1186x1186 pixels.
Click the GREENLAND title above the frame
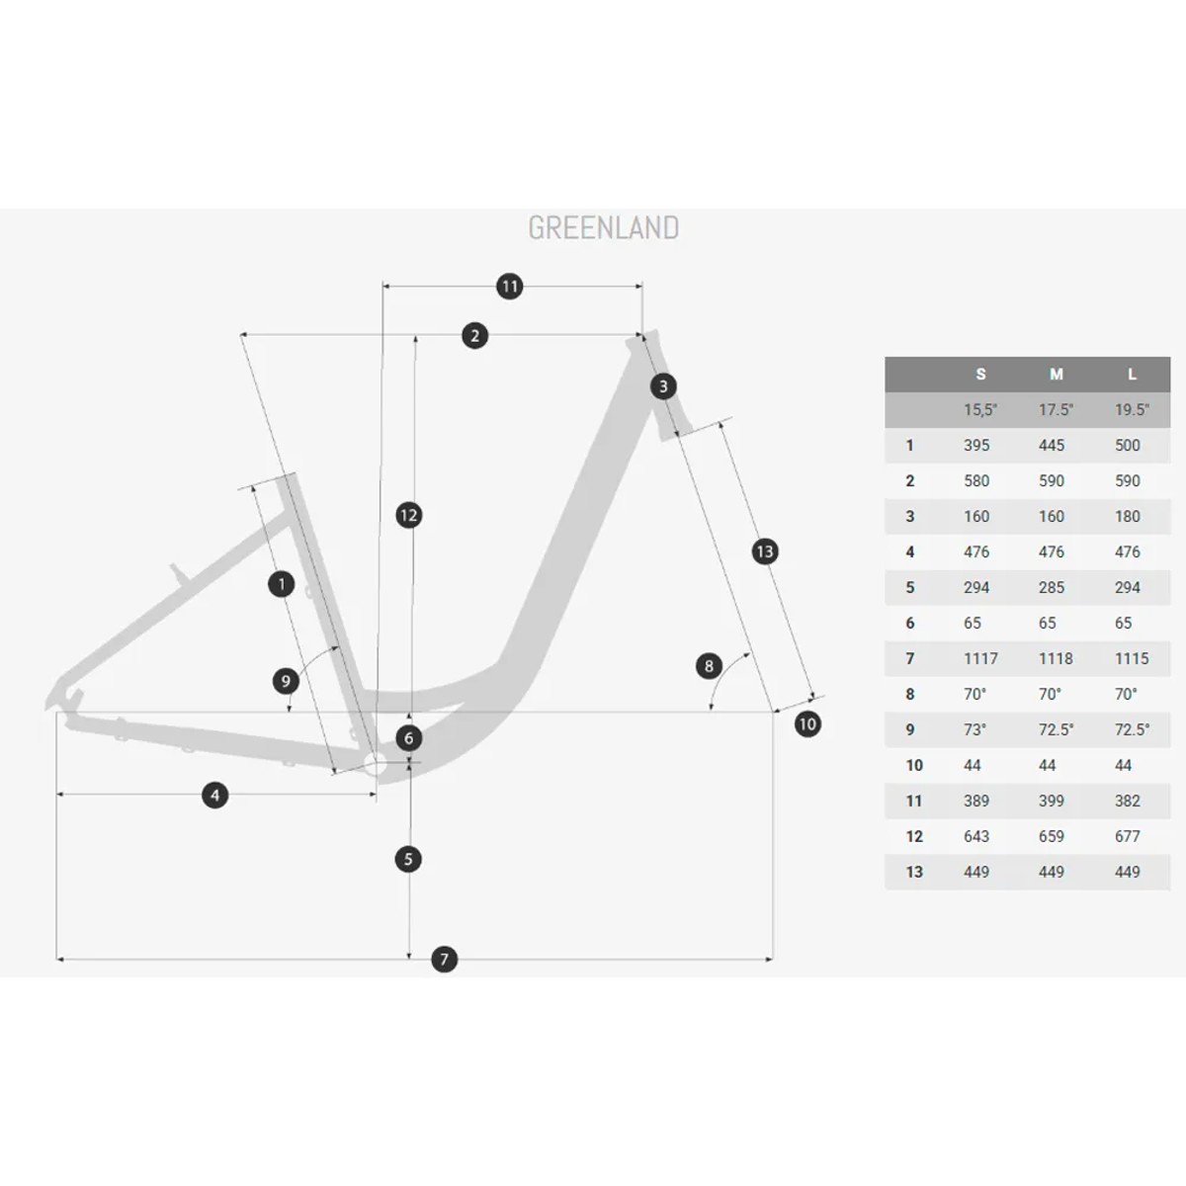point(603,227)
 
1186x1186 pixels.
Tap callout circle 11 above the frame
point(510,287)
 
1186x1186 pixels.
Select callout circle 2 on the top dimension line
point(474,335)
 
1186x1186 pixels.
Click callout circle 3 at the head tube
point(663,386)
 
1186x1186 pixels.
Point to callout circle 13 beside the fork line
point(765,551)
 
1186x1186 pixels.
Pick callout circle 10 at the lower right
point(807,723)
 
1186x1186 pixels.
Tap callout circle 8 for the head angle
point(709,666)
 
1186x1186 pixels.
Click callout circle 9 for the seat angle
point(286,681)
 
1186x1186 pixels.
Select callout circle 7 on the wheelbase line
point(445,959)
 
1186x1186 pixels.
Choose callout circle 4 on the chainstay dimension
point(214,796)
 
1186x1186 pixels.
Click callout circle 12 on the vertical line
point(408,515)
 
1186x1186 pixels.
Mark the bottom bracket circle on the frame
point(375,766)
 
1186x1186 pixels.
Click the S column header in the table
point(980,375)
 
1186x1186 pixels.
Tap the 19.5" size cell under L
point(1132,410)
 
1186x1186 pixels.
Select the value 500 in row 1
point(1128,445)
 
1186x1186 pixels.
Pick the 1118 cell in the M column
point(1056,658)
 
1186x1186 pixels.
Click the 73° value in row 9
point(975,730)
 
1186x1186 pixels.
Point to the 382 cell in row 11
point(1128,801)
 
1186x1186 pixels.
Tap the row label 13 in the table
point(914,872)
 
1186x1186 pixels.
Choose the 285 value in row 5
point(1052,588)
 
